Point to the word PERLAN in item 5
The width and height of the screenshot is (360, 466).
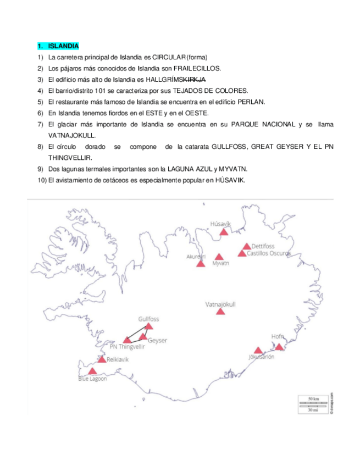tap(253, 102)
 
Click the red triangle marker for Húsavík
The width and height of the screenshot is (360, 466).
tap(224, 232)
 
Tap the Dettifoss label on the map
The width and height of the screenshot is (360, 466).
tap(262, 246)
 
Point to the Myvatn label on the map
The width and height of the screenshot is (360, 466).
tap(220, 264)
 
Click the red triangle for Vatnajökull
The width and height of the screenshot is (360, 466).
tap(220, 311)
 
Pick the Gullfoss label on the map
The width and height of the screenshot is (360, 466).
tap(148, 319)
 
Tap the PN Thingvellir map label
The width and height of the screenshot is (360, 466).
tap(128, 347)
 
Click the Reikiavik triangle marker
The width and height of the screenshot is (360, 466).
tap(102, 359)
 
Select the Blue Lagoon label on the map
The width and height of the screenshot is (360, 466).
tap(92, 379)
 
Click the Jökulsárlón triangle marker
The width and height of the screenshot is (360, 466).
tap(258, 351)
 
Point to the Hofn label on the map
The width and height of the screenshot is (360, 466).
tap(278, 336)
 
